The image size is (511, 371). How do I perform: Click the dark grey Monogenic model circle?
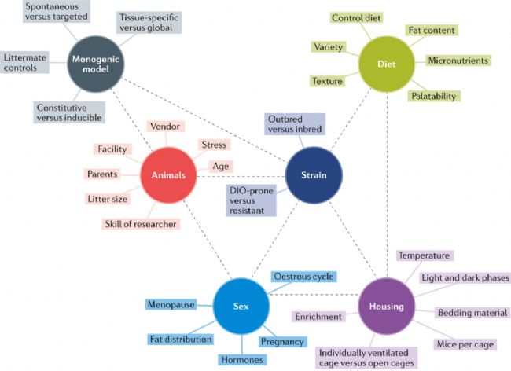coord(95,64)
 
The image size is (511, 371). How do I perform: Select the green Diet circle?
coord(387,64)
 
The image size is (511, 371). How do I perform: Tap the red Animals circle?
coord(168,175)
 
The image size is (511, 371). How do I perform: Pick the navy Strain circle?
coord(314,175)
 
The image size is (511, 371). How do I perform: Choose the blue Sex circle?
coord(241,307)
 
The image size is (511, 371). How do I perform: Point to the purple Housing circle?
coord(387,307)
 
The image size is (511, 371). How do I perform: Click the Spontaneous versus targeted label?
coord(57,12)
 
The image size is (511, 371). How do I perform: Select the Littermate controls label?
coord(25,63)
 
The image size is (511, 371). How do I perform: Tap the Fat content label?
coord(432,31)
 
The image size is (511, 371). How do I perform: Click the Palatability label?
coord(434,96)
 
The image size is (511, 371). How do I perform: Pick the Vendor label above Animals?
coord(165,127)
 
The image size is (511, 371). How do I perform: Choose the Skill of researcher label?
coord(141,224)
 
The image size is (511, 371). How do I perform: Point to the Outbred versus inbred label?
coord(295,124)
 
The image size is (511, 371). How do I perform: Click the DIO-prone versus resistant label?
coord(252,200)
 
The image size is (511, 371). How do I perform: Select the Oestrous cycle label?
coord(303,277)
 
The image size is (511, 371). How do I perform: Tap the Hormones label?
coord(242,360)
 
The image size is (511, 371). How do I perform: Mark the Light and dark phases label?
coord(465,277)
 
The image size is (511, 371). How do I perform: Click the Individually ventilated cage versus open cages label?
coord(366,358)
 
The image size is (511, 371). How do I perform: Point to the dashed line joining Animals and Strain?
coord(241,176)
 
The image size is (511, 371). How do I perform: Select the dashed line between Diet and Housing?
coord(387,185)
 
